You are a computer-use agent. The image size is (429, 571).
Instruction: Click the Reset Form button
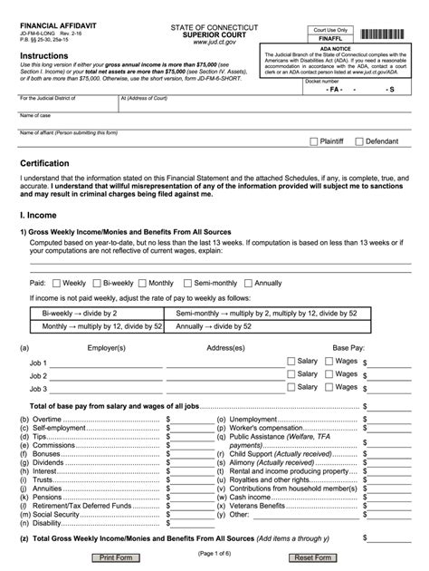pos(310,557)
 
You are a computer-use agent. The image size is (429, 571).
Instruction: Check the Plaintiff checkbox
pos(314,141)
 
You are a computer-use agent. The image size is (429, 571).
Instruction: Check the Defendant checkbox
pos(359,141)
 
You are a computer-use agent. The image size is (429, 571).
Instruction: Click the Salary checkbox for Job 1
pos(291,361)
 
